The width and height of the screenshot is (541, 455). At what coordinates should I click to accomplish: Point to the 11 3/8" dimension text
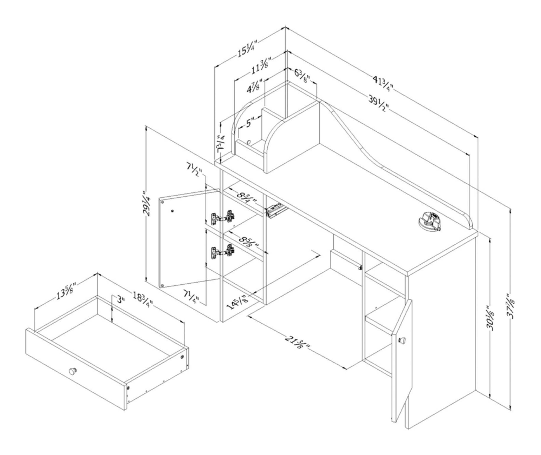tap(260, 67)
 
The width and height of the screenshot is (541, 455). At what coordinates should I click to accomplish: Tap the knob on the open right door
tap(402, 340)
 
